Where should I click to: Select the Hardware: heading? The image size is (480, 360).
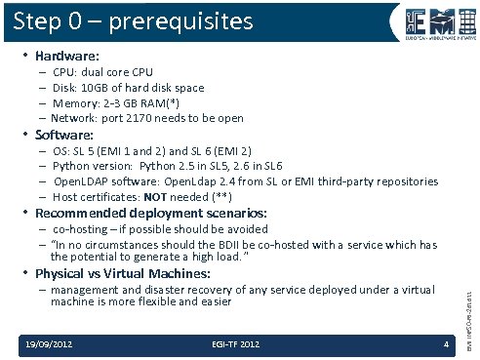66,57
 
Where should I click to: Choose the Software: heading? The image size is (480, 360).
64,135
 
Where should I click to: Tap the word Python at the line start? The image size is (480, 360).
70,166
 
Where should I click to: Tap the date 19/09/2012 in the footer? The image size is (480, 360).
49,343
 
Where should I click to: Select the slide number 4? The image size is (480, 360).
446,343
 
